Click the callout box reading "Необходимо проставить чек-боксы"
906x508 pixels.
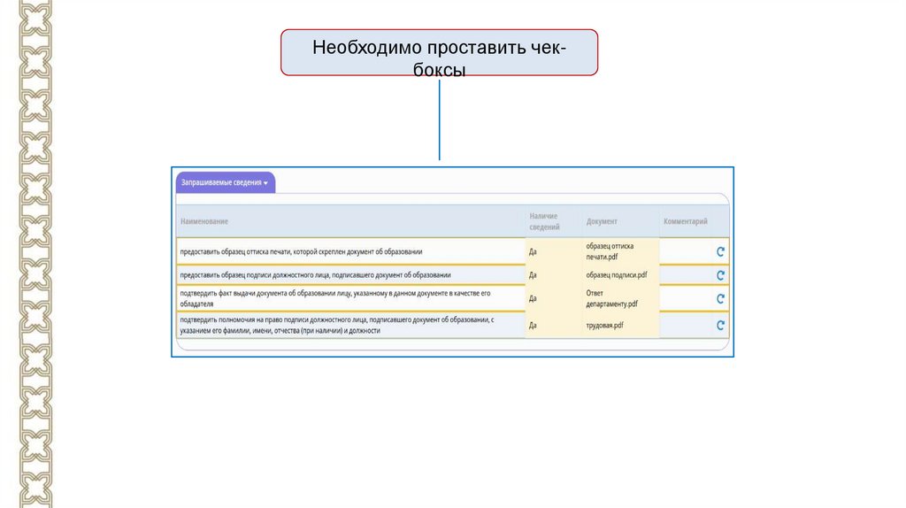(440, 52)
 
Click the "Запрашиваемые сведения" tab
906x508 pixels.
(225, 182)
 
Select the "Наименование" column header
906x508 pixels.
(204, 221)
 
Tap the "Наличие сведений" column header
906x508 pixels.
(544, 221)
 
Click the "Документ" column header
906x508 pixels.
(602, 221)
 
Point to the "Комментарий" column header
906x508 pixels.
(685, 221)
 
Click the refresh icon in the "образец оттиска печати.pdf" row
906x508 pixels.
(720, 251)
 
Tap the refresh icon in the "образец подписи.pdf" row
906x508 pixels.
(720, 275)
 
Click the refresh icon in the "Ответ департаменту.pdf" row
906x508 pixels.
(720, 299)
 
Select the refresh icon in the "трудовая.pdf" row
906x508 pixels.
(720, 326)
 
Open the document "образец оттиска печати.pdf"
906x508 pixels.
(610, 250)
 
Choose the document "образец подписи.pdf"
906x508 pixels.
(616, 275)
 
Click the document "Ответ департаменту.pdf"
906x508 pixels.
(611, 298)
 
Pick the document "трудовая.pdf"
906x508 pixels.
(604, 326)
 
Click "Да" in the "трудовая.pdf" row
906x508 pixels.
(533, 326)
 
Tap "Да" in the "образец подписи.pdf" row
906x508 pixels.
(533, 275)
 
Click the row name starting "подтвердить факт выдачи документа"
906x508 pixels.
(336, 297)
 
